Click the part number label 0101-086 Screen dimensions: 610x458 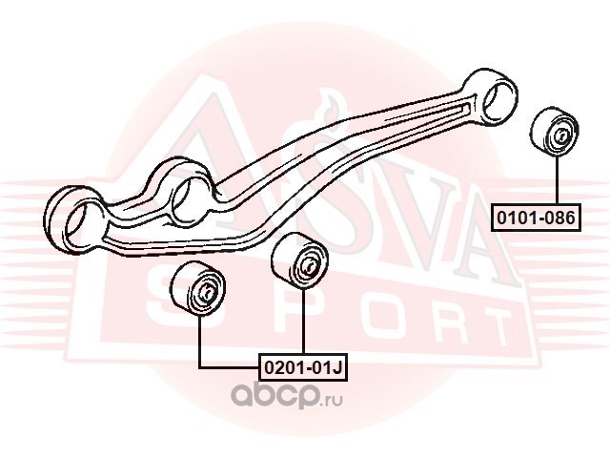click(x=536, y=218)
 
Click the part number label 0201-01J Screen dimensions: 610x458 click(x=303, y=366)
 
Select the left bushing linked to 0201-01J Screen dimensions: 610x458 click(x=197, y=288)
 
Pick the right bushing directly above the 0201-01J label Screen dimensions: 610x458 click(x=299, y=260)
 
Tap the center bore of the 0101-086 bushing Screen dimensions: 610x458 click(x=561, y=135)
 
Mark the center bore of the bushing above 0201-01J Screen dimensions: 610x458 click(x=309, y=265)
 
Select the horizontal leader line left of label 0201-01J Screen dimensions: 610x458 click(x=229, y=367)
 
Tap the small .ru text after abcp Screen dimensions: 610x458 click(x=332, y=401)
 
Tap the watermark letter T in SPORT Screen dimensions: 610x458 click(x=490, y=326)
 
